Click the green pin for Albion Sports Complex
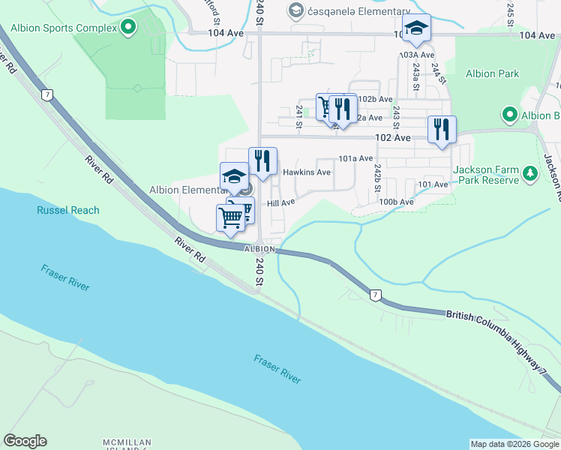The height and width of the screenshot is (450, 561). pyautogui.click(x=128, y=28)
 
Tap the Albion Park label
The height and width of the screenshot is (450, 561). pyautogui.click(x=491, y=73)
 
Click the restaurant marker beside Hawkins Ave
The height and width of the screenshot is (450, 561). pyautogui.click(x=262, y=161)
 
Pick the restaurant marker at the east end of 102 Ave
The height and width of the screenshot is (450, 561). pyautogui.click(x=442, y=129)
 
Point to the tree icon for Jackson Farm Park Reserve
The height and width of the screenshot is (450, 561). pyautogui.click(x=530, y=174)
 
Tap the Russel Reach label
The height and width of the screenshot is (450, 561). pyautogui.click(x=67, y=210)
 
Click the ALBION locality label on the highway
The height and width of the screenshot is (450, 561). pyautogui.click(x=259, y=248)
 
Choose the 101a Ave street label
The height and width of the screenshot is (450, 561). pyautogui.click(x=355, y=158)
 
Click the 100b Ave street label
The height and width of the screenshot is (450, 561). pyautogui.click(x=396, y=202)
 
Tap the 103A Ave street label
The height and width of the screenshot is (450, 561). pyautogui.click(x=417, y=55)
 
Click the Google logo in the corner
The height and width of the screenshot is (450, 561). pyautogui.click(x=25, y=441)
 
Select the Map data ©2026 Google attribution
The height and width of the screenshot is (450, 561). pyautogui.click(x=514, y=444)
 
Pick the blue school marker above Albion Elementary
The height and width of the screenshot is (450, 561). pyautogui.click(x=234, y=177)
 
